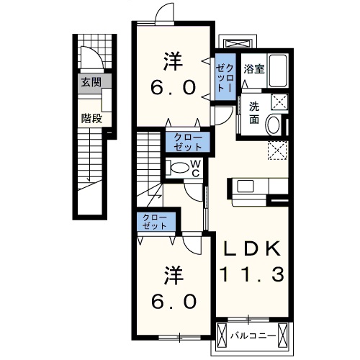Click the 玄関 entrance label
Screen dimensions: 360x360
pyautogui.click(x=91, y=82)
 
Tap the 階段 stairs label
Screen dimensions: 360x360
pyautogui.click(x=91, y=118)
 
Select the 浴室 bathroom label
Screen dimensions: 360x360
pyautogui.click(x=254, y=69)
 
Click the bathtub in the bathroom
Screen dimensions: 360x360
pyautogui.click(x=278, y=71)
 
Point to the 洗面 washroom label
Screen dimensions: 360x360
pyautogui.click(x=254, y=113)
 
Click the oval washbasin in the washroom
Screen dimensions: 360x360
pyautogui.click(x=274, y=125)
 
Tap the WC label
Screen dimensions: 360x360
pyautogui.click(x=196, y=168)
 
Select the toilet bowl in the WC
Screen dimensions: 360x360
pyautogui.click(x=179, y=168)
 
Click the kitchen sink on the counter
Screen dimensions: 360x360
pyautogui.click(x=246, y=186)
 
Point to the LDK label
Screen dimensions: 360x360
pyautogui.click(x=252, y=248)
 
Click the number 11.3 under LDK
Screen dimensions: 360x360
pyautogui.click(x=252, y=274)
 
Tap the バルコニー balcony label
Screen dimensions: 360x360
pyautogui.click(x=253, y=336)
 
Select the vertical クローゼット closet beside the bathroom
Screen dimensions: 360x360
pyautogui.click(x=225, y=77)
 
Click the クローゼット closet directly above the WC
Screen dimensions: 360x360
pyautogui.click(x=188, y=142)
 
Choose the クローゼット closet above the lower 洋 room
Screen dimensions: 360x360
pyautogui.click(x=156, y=222)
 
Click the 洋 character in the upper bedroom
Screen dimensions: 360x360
pyautogui.click(x=173, y=61)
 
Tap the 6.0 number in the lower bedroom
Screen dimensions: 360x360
pyautogui.click(x=174, y=302)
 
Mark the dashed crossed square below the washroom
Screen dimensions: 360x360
pyautogui.click(x=277, y=150)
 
